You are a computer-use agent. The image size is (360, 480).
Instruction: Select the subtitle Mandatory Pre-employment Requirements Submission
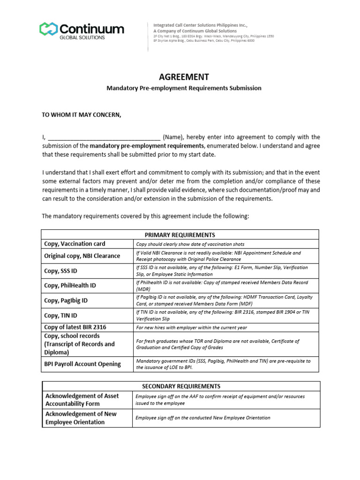[x=183, y=88]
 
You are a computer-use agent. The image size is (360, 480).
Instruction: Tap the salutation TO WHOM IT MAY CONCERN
[x=82, y=115]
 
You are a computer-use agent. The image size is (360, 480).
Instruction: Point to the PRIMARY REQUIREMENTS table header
[x=180, y=234]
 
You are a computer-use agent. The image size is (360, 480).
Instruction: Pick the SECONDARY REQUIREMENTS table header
[x=180, y=386]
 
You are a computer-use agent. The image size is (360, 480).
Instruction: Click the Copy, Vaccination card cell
[x=75, y=244]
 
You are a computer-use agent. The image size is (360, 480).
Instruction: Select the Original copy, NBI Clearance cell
[x=82, y=256]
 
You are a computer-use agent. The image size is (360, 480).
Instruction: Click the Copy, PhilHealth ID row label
[x=70, y=285]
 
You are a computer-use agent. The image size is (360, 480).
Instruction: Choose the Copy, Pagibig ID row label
[x=66, y=300]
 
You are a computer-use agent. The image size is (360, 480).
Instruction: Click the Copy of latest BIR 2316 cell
[x=75, y=327]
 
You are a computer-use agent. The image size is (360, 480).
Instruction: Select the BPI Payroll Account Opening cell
[x=82, y=364]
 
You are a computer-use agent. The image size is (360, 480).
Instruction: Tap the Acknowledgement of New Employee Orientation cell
[x=81, y=418]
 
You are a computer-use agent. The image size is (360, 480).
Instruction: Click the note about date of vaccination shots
[x=190, y=244]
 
